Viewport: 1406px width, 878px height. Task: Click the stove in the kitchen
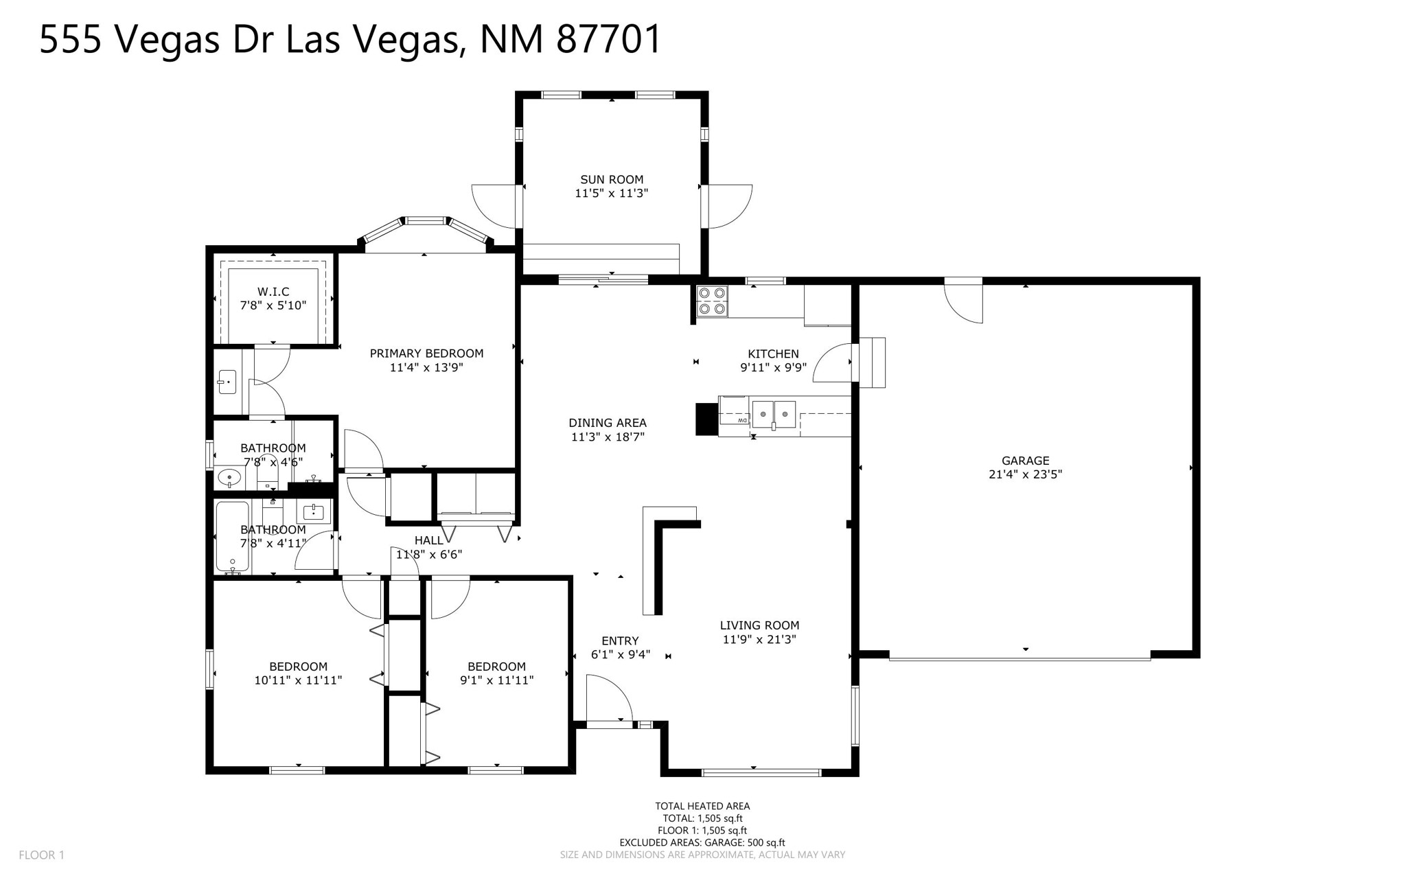[x=711, y=301]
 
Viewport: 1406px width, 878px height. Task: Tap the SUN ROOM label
[x=612, y=180]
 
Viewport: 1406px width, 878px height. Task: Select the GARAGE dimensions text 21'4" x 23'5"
[x=1025, y=474]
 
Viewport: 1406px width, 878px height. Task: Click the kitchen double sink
[x=774, y=415]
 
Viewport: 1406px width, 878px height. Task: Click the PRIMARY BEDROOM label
[x=426, y=354]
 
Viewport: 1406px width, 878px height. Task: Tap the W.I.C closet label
[x=273, y=292]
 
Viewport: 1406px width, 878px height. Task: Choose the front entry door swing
[x=609, y=697]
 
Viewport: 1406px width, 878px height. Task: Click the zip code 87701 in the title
[x=608, y=38]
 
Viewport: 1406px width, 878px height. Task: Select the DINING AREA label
[x=608, y=423]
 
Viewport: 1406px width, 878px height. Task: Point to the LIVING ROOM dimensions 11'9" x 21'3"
[x=759, y=639]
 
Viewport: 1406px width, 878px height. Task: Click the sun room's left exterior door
[x=494, y=206]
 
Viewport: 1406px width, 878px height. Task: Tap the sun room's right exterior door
[x=730, y=206]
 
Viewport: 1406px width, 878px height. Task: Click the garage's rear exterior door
[x=964, y=302]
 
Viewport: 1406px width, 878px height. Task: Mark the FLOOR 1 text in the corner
[x=41, y=855]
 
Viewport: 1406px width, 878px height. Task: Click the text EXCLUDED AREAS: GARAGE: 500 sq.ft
[x=702, y=842]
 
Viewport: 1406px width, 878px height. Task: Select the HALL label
[x=429, y=540]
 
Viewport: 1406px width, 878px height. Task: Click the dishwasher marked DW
[x=735, y=415]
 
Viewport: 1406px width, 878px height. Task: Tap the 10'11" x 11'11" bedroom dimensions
[x=298, y=680]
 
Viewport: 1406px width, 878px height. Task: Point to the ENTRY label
[x=620, y=641]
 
